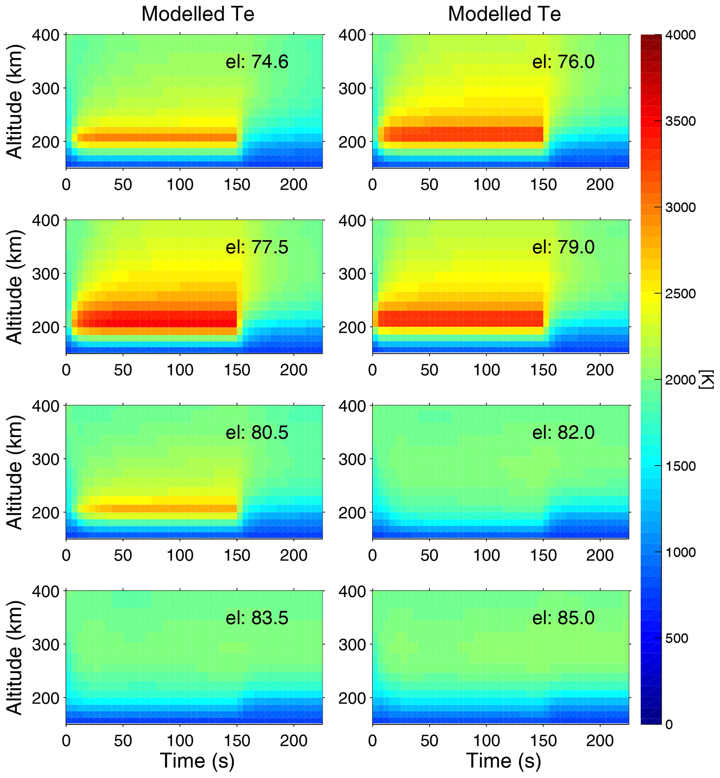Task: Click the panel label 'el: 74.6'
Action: pos(257,62)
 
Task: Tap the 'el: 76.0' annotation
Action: pos(563,62)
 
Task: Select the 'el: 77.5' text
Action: pos(257,247)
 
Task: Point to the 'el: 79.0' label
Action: pos(563,247)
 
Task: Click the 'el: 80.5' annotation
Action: pos(257,433)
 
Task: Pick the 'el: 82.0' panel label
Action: pos(563,433)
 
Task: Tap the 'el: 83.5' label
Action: pos(257,618)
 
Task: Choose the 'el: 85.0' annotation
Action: pos(563,618)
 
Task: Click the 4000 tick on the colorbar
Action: pos(680,35)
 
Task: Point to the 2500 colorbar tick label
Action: pos(680,293)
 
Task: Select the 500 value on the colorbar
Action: pos(676,638)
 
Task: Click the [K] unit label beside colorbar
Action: pos(707,379)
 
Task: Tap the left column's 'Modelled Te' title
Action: pos(198,14)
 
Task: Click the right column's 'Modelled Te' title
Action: pos(504,14)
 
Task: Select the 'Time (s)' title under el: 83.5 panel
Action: pos(197,761)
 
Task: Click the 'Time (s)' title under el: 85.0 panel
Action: pos(504,761)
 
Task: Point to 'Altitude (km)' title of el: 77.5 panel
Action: pos(15,286)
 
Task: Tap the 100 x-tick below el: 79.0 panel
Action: pos(486,370)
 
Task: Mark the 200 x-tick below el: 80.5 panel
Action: pos(293,555)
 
